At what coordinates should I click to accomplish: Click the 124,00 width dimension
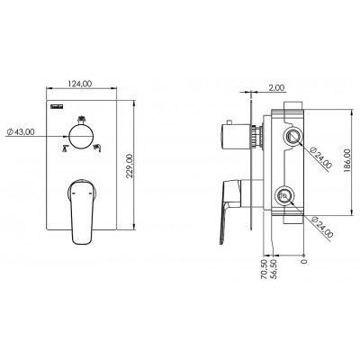[x=80, y=84]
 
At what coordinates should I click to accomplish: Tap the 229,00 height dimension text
[x=129, y=166]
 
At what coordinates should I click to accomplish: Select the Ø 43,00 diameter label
[x=21, y=131]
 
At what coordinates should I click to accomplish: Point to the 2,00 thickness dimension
[x=276, y=87]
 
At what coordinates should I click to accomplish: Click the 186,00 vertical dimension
[x=347, y=160]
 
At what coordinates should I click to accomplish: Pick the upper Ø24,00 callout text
[x=321, y=157]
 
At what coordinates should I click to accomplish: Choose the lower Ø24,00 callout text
[x=322, y=228]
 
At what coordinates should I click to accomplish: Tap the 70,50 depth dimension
[x=265, y=269]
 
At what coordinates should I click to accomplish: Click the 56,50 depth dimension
[x=274, y=269]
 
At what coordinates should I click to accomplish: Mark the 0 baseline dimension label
[x=304, y=261]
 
